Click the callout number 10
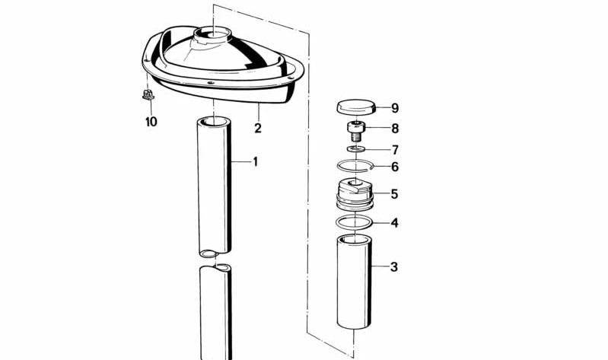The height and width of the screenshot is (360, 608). [x=151, y=122]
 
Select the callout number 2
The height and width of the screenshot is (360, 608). [x=258, y=128]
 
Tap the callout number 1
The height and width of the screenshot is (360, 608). [x=255, y=162]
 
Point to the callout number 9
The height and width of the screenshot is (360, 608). [x=395, y=108]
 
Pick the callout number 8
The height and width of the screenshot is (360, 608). [x=395, y=129]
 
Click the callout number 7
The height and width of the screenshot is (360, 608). [x=395, y=150]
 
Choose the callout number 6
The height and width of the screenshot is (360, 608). [x=395, y=167]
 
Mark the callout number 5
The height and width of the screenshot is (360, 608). [x=394, y=194]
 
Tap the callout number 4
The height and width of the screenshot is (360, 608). [x=394, y=223]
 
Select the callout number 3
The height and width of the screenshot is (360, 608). [x=394, y=267]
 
